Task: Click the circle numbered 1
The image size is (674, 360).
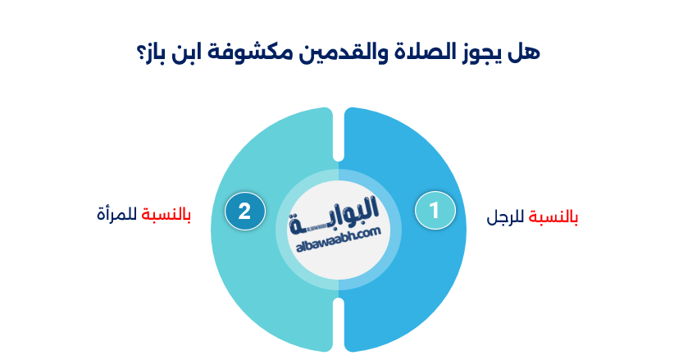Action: [x=434, y=211]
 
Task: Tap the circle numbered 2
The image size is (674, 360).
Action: [x=244, y=211]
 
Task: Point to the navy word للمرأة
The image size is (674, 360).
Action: [x=117, y=215]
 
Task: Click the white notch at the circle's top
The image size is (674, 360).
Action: [x=338, y=131]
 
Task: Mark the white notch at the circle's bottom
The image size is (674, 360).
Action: [x=338, y=324]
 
